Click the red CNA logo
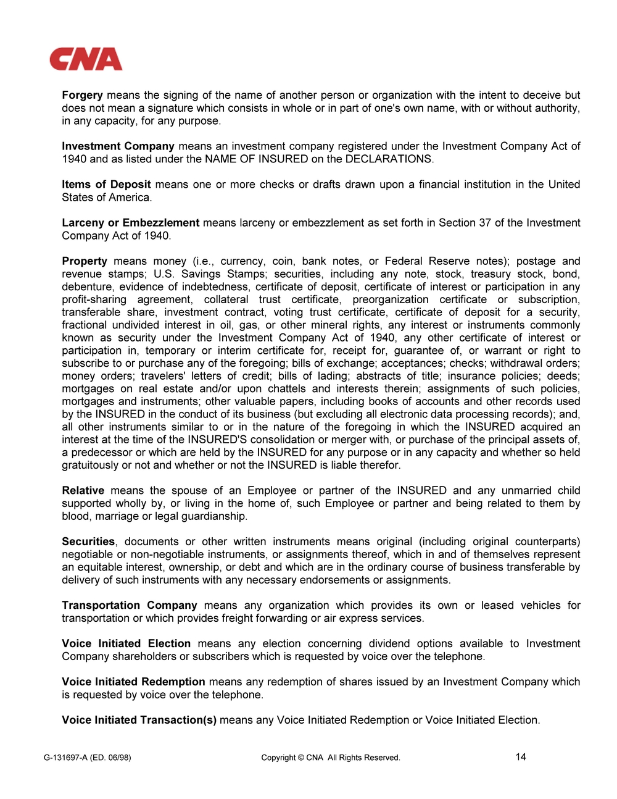(x=86, y=59)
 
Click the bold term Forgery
(x=82, y=95)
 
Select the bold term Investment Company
(x=118, y=146)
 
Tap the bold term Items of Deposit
(x=106, y=185)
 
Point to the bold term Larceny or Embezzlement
(x=130, y=223)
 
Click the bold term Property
(x=85, y=261)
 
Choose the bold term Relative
(x=83, y=491)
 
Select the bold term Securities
(x=88, y=542)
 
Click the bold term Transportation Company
(x=129, y=606)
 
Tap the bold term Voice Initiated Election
(x=126, y=644)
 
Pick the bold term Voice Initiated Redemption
(x=133, y=682)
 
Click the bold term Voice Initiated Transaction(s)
(x=139, y=721)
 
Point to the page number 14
(x=521, y=757)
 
